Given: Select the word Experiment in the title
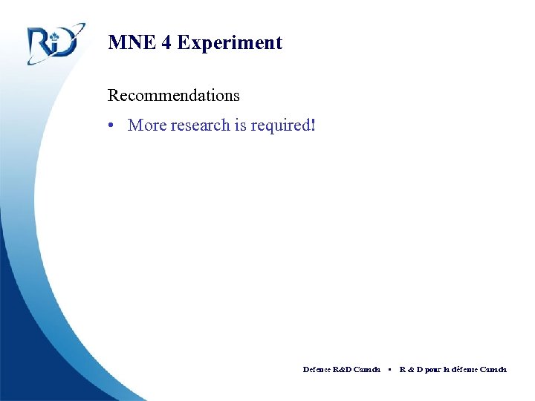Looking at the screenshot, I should [x=230, y=43].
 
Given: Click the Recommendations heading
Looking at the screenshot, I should [x=174, y=95].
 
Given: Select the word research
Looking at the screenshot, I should [x=200, y=125].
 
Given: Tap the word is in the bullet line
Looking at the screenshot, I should [x=240, y=125].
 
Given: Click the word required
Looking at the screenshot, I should [x=281, y=125].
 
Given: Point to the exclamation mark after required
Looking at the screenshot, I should [x=314, y=125].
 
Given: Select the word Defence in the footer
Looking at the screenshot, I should [x=317, y=369].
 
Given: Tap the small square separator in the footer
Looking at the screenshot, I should [x=389, y=369].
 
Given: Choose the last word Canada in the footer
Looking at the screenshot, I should [x=493, y=369].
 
